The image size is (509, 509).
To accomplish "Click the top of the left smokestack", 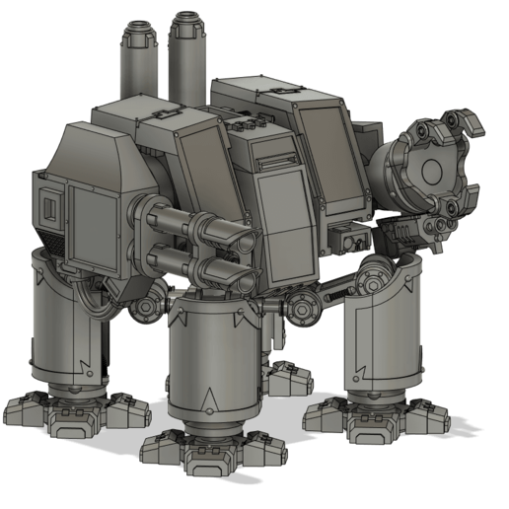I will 141,29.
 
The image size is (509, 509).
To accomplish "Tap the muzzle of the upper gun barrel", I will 241,238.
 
